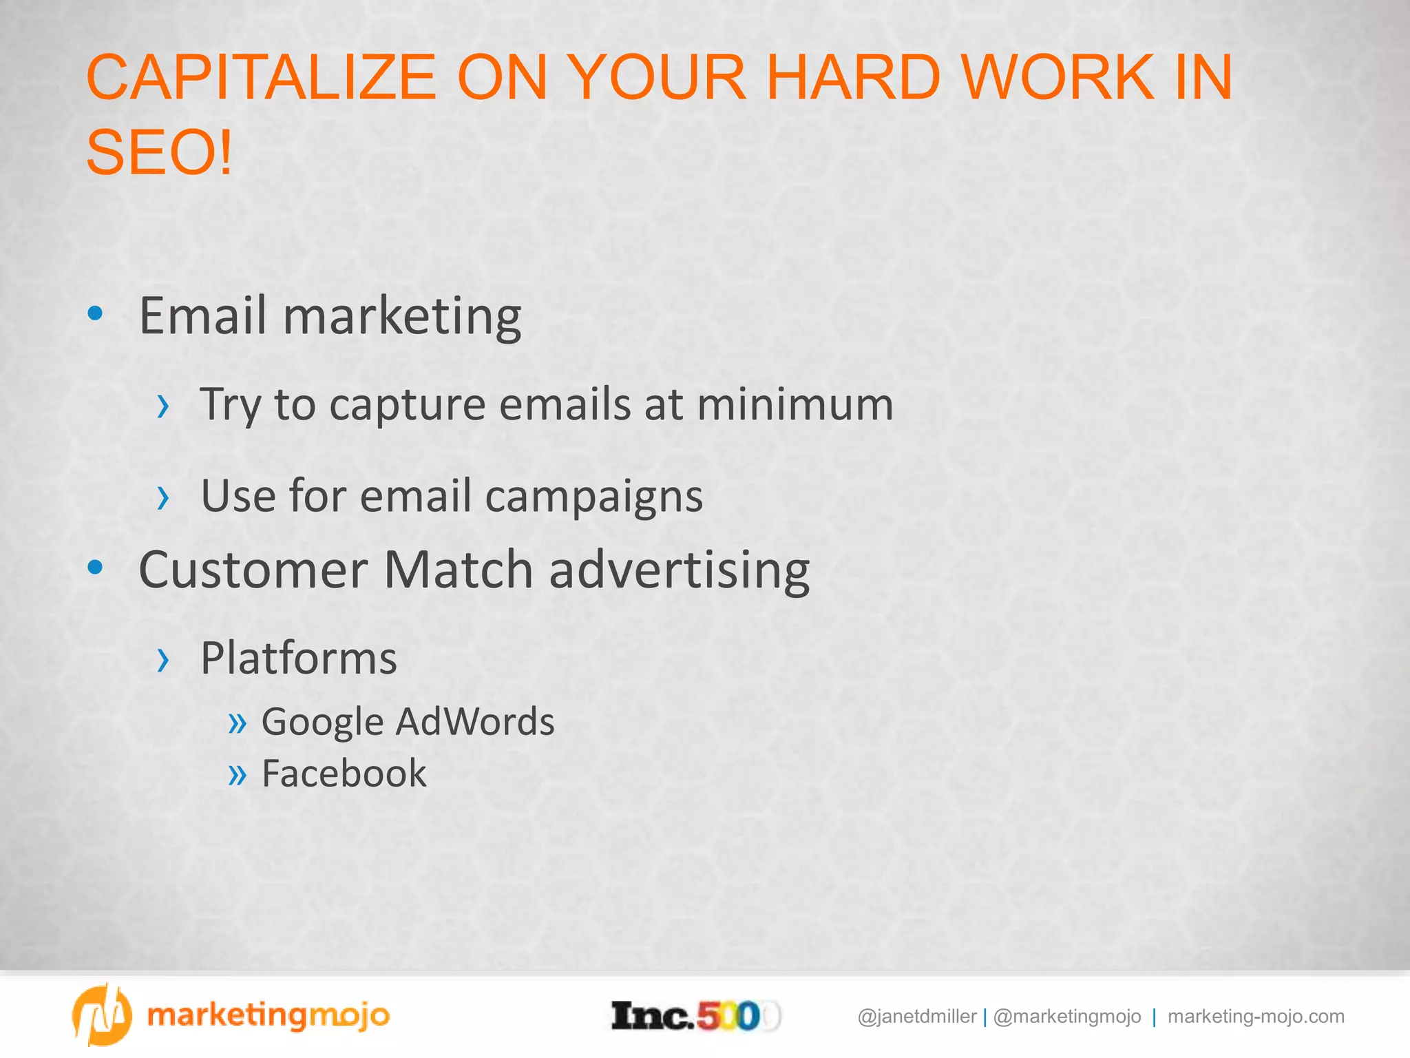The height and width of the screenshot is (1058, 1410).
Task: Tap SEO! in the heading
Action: tap(159, 153)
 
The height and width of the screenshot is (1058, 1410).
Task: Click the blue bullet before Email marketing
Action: tap(95, 314)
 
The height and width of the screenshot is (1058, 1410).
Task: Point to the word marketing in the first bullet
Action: tap(401, 317)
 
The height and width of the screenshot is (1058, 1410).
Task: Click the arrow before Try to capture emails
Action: tap(162, 406)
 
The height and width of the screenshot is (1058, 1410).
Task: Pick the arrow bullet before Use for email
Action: tap(162, 497)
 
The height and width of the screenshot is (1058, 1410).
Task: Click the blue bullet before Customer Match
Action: tap(95, 568)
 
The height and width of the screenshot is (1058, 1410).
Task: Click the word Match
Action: tap(458, 570)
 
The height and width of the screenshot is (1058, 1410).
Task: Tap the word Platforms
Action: tap(298, 658)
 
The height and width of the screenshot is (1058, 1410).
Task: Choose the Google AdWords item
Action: tap(408, 722)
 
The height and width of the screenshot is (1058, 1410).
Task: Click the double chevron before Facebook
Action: tap(237, 774)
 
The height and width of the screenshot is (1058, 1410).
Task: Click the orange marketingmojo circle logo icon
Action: tap(101, 1015)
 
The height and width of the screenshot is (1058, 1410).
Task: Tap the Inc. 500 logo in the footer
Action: tap(695, 1016)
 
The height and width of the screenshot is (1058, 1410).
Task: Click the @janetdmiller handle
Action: tap(916, 1017)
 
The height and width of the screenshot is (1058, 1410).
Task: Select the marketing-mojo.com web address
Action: tap(1255, 1017)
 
